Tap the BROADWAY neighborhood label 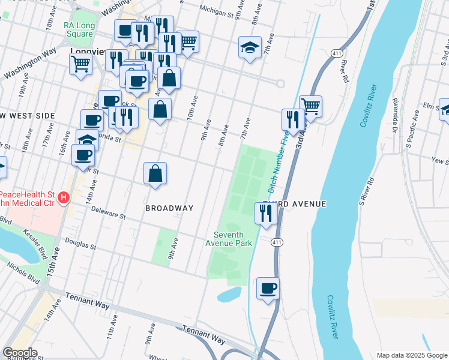click(x=169, y=208)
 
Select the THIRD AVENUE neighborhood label click(x=294, y=205)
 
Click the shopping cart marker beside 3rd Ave click(x=310, y=106)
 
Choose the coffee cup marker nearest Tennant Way click(x=268, y=288)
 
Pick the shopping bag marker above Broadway click(x=155, y=174)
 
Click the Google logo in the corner click(x=20, y=353)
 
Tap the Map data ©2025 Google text click(x=412, y=355)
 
